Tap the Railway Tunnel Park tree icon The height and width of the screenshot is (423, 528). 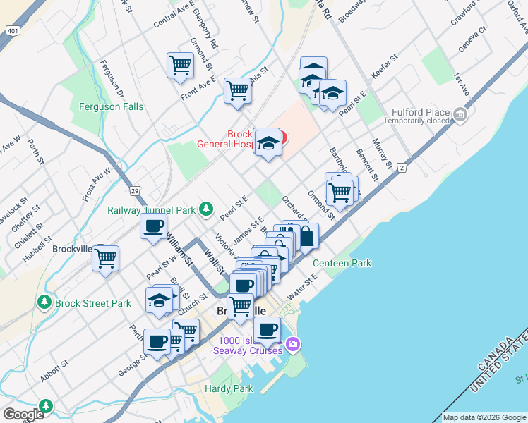click(x=205, y=208)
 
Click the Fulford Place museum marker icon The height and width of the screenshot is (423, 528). click(x=460, y=114)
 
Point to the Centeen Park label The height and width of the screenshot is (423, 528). click(x=342, y=263)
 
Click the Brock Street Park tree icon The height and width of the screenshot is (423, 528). click(x=44, y=303)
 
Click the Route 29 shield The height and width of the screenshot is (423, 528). click(x=133, y=190)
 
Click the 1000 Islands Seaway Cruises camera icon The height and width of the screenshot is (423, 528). click(x=293, y=344)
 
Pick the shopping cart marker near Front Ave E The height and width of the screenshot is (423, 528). click(x=238, y=91)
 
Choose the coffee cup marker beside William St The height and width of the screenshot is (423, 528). click(x=153, y=226)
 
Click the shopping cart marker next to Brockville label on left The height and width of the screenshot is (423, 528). click(x=105, y=258)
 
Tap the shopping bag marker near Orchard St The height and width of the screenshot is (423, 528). click(x=307, y=236)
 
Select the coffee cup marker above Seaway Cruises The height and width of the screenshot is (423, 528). click(x=267, y=329)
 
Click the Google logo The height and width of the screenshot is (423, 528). click(x=23, y=415)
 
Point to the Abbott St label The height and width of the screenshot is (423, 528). click(x=54, y=371)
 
